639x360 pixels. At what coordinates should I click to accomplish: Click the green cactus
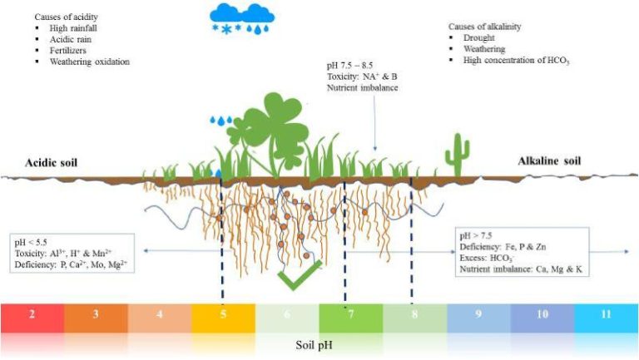click(458, 155)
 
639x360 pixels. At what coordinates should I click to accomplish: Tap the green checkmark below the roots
click(300, 275)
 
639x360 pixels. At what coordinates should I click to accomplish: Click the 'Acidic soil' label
click(52, 163)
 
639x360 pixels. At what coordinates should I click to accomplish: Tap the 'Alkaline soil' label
click(549, 160)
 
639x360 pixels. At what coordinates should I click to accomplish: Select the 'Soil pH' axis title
click(315, 345)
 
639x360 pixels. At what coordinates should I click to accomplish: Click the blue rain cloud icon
click(242, 19)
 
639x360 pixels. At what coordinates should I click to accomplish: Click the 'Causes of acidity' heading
click(66, 17)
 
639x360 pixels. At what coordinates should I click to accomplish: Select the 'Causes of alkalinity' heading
click(484, 27)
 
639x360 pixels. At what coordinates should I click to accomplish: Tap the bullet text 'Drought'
click(479, 37)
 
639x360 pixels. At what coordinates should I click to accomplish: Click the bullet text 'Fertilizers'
click(68, 51)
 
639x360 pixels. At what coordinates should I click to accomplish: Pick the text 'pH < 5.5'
click(31, 242)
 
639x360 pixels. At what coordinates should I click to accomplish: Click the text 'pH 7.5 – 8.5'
click(349, 65)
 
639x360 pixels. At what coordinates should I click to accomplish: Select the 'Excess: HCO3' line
click(486, 259)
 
